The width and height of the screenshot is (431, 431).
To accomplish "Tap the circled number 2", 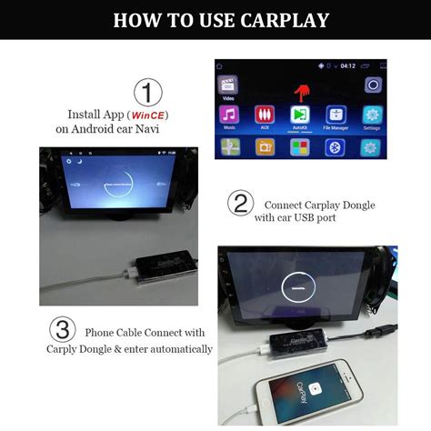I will click(239, 204).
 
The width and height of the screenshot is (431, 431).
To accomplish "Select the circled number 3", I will click(62, 331).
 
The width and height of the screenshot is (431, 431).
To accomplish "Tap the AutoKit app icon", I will click(300, 116).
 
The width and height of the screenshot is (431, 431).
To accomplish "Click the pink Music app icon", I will click(229, 116).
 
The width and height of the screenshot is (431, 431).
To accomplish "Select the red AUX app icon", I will click(265, 116).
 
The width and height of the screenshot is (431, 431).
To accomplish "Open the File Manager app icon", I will click(336, 116).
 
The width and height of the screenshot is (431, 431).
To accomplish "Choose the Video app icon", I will click(229, 85).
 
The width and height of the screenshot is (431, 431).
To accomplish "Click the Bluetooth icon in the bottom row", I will click(336, 147).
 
